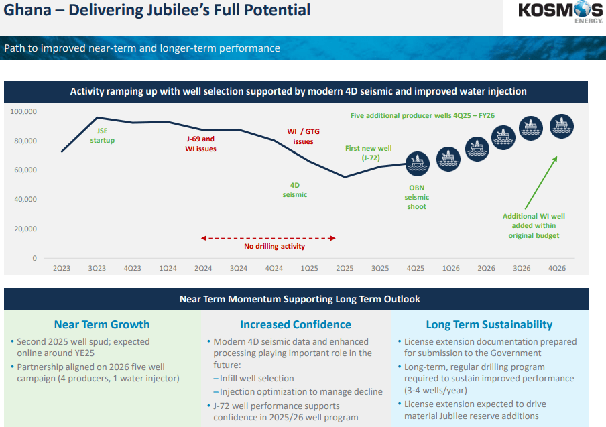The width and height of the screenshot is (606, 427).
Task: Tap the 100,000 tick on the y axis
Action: (24, 111)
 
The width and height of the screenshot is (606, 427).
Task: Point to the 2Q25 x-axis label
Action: (344, 268)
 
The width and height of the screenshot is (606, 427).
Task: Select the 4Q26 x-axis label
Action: (556, 268)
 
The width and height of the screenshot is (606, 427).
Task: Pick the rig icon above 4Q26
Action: (561, 125)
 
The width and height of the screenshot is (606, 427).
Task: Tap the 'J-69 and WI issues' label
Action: (200, 144)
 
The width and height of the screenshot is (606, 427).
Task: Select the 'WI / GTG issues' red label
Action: (302, 137)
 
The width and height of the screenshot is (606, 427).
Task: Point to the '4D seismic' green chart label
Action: (294, 190)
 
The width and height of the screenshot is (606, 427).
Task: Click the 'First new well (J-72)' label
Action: (368, 153)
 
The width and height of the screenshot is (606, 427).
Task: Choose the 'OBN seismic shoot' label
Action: (417, 197)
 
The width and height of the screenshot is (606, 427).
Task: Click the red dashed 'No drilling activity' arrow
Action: (268, 237)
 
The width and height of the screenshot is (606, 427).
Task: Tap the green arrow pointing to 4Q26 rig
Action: (540, 183)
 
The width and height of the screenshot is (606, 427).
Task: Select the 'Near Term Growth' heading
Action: (102, 325)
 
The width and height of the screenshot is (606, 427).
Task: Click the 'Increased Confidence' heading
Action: (296, 325)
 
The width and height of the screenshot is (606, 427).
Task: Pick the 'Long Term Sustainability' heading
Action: (489, 325)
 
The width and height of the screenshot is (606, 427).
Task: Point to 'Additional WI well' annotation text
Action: (534, 216)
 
